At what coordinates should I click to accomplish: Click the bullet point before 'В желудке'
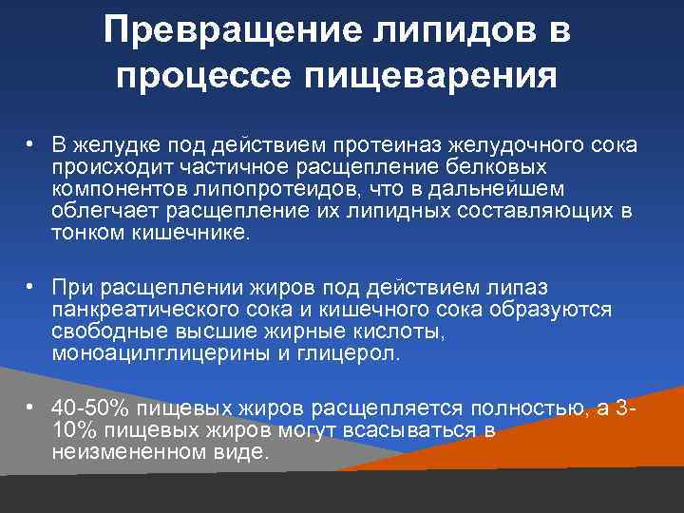pyautogui.click(x=31, y=143)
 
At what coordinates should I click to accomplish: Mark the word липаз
pyautogui.click(x=511, y=288)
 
